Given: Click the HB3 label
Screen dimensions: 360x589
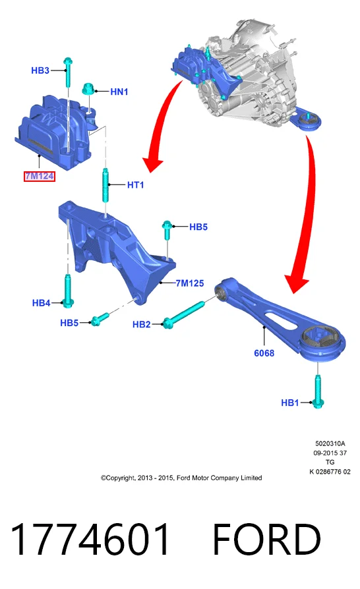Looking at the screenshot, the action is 40,70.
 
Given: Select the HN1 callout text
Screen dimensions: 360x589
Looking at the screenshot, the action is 119,92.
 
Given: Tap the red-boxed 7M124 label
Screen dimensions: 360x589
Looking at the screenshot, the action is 40,176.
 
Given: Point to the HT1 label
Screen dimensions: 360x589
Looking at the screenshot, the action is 135,185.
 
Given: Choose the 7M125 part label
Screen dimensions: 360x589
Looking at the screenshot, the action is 190,283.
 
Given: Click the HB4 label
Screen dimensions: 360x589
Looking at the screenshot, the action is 42,303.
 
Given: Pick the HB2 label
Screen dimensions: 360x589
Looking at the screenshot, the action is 142,324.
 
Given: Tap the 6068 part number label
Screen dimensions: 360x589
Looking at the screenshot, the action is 264,353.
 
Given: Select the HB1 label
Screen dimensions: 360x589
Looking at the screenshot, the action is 290,403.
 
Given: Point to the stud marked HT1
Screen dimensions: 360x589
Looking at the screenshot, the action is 105,185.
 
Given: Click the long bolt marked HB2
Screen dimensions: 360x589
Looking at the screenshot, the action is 184,314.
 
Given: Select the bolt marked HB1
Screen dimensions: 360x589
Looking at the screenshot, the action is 318,391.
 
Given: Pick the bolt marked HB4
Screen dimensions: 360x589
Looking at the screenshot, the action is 68,291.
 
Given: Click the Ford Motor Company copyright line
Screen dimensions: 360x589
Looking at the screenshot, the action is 181,478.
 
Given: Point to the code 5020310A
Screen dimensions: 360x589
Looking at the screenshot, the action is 330,443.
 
